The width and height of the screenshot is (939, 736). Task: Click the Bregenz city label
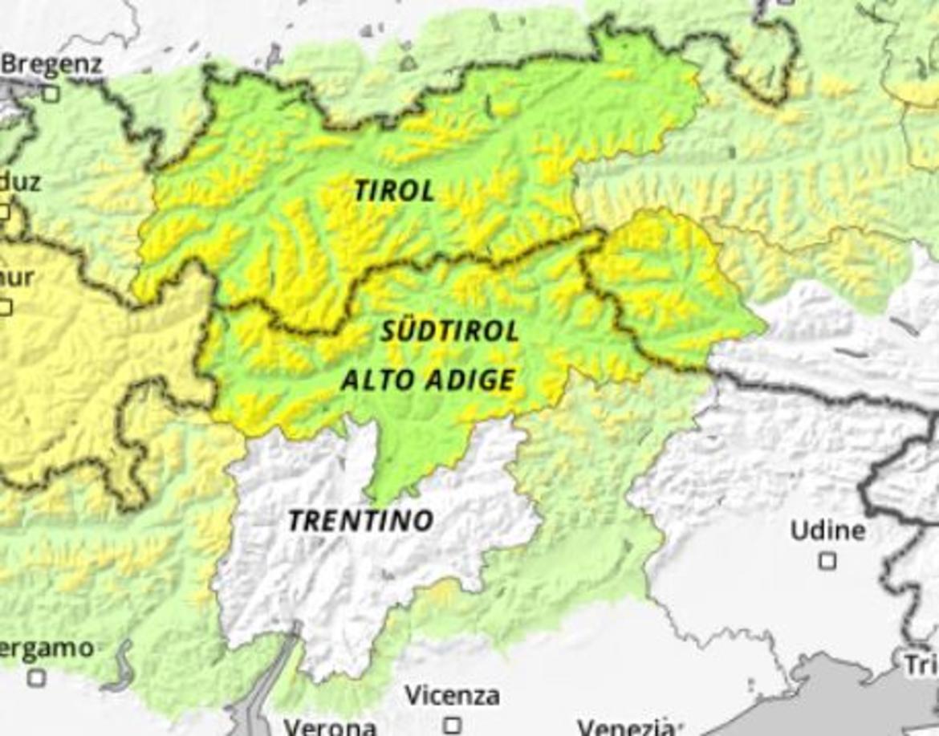pos(53,64)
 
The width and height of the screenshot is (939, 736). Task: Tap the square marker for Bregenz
pos(51,94)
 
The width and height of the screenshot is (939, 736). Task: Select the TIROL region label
pos(394,191)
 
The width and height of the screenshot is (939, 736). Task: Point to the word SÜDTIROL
pos(449,331)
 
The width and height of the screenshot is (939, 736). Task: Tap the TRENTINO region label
pos(360,521)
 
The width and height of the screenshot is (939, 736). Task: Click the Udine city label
pos(827,531)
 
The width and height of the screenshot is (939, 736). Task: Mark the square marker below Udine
pos(827,560)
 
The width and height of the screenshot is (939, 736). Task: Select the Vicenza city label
pos(452,695)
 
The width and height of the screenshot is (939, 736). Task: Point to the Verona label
pos(330,727)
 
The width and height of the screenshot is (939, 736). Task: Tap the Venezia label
pos(624,727)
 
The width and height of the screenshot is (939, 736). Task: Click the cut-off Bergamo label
pos(47,649)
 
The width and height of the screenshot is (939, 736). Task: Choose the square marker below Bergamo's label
pos(36,678)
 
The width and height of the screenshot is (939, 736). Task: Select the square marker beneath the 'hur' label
pos(6,307)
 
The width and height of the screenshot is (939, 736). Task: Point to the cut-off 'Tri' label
pos(921,665)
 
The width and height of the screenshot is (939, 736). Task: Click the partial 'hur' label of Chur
pos(17,278)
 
